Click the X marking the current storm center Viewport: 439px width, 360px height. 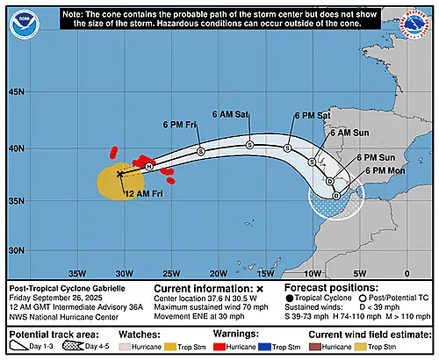pyautogui.click(x=120, y=174)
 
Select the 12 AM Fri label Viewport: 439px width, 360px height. pyautogui.click(x=142, y=192)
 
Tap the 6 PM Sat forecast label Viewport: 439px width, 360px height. pyautogui.click(x=312, y=115)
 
